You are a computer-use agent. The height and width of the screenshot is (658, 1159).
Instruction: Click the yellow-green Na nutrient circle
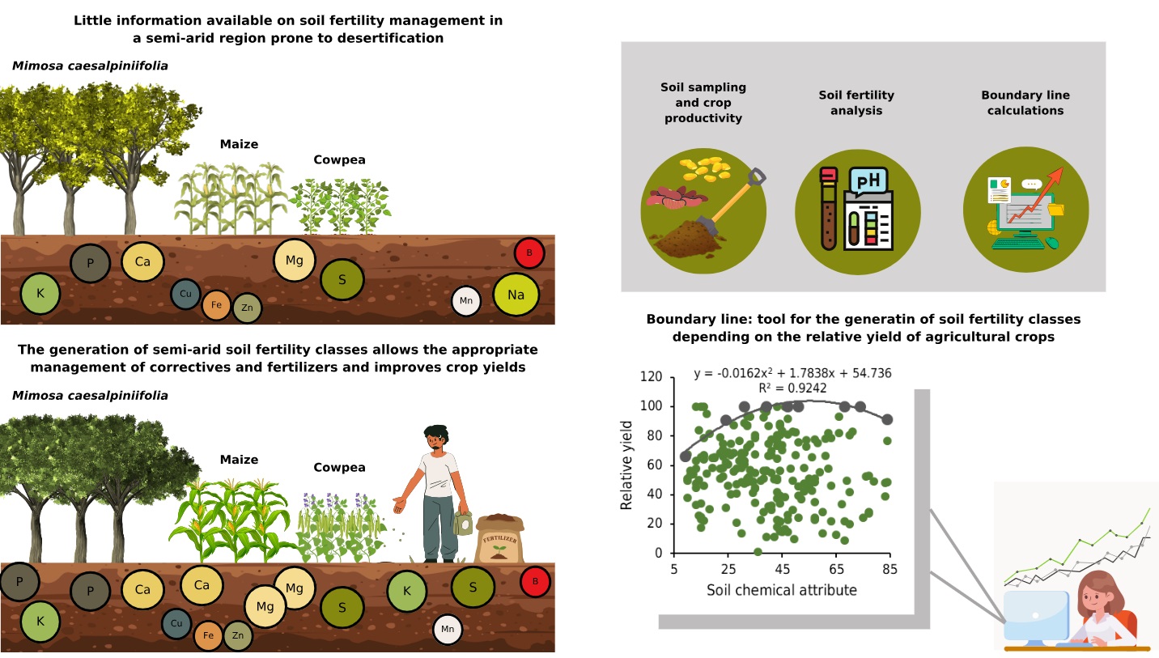pos(516,295)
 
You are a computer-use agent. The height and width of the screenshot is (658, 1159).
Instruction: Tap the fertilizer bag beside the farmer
pos(499,539)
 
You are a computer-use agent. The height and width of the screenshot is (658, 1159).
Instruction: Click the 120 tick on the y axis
pos(651,377)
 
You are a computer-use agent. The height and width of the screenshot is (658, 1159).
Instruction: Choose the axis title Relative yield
pos(626,465)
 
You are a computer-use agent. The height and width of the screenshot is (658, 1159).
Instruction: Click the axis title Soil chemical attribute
pos(781,589)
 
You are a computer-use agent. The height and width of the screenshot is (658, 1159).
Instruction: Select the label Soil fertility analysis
pos(856,103)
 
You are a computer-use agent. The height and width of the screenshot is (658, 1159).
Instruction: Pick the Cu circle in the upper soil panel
pos(186,294)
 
